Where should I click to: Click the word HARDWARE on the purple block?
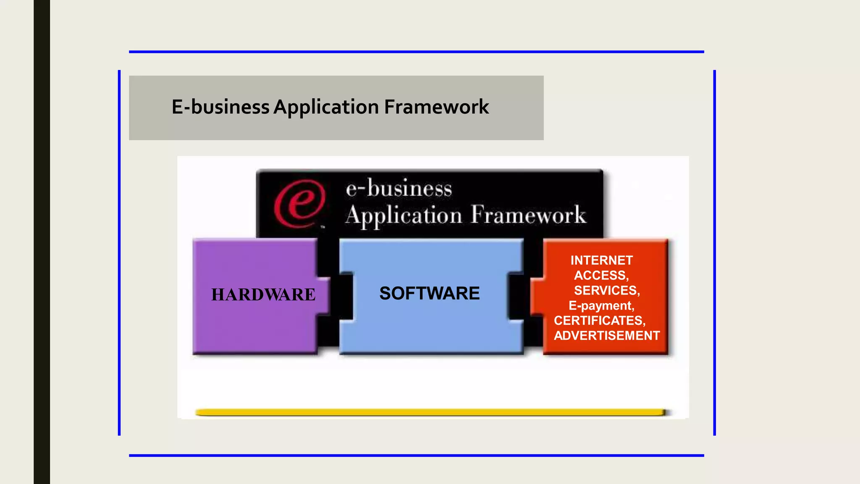point(263,295)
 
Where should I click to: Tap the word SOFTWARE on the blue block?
point(429,293)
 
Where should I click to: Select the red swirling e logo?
point(299,204)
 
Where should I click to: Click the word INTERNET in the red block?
point(601,260)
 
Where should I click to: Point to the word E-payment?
point(601,305)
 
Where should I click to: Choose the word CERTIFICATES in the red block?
point(599,321)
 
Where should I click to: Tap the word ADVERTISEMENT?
point(607,336)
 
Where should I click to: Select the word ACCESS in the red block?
point(600,276)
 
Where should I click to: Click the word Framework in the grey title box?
point(436,107)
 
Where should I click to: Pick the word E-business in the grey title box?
point(220,107)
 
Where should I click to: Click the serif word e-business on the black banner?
point(399,188)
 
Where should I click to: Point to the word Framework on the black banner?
point(528,215)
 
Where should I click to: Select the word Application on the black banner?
point(404,216)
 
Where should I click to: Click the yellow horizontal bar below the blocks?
point(430,412)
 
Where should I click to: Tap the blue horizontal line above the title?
point(416,52)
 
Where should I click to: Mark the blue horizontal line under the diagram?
point(416,455)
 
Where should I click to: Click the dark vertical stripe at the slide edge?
point(42,242)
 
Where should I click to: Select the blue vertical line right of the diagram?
point(714,252)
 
